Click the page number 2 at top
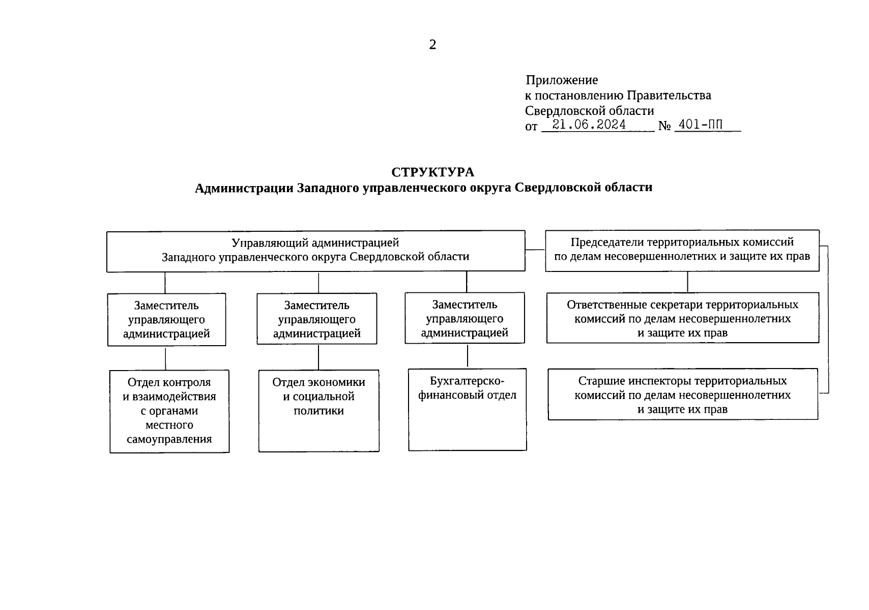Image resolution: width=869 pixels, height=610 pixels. point(432,45)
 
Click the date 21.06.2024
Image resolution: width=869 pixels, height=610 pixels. point(589,125)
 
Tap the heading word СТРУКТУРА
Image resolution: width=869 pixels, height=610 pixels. point(432,172)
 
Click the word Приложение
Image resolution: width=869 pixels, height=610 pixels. point(562,80)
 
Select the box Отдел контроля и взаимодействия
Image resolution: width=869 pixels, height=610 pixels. point(169,411)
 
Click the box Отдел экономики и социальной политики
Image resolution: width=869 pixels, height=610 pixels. point(318,410)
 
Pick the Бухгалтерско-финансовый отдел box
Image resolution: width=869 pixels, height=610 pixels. point(467,409)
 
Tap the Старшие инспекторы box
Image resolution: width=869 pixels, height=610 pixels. point(682,394)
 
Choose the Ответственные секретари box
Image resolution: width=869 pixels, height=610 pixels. point(682,318)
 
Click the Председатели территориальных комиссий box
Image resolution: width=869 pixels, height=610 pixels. point(682,250)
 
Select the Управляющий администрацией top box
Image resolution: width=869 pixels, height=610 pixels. point(315,251)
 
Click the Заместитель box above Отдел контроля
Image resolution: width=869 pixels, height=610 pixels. point(166,320)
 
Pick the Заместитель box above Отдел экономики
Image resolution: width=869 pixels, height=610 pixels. point(316,319)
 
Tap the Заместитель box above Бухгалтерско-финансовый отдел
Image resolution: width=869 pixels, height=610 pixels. point(465,318)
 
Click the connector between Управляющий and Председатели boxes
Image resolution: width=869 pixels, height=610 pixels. point(535,250)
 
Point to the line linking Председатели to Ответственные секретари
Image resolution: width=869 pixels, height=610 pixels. point(687,282)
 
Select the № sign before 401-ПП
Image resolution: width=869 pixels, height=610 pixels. point(664,126)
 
